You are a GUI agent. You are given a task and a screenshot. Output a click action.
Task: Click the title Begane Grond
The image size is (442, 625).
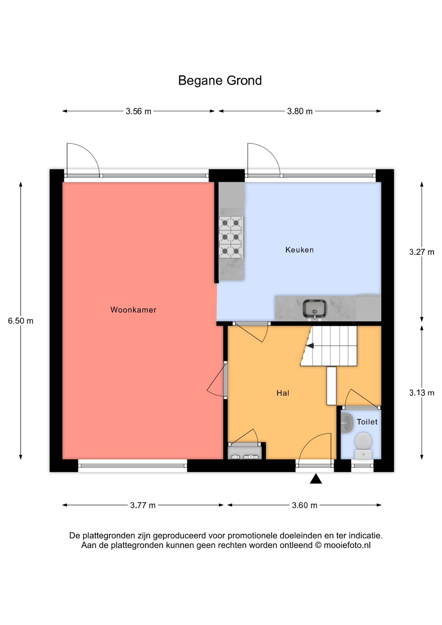(x=220, y=81)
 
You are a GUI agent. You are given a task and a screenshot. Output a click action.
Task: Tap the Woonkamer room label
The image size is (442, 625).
(x=133, y=310)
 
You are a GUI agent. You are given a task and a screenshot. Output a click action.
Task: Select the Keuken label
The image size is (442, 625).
(x=299, y=250)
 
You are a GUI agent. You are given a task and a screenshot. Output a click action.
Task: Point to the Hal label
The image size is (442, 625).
(x=283, y=393)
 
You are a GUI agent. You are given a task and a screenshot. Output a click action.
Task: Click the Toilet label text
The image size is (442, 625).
(x=367, y=422)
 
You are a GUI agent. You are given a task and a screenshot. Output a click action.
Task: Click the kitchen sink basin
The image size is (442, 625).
(x=315, y=308)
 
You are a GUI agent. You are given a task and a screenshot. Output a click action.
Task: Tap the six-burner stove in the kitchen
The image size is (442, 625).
(x=231, y=237)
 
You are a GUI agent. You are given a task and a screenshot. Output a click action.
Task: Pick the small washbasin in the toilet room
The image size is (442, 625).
(x=347, y=423)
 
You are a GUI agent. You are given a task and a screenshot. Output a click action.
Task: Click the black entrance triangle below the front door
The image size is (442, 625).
(x=316, y=479)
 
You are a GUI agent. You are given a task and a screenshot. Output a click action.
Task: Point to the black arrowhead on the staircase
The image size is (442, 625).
(x=310, y=346)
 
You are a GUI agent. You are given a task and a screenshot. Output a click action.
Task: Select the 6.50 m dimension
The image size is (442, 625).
(x=21, y=321)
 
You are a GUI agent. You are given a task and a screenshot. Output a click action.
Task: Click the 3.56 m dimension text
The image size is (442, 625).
(x=139, y=111)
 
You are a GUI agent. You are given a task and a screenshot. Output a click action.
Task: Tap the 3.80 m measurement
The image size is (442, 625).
(x=300, y=111)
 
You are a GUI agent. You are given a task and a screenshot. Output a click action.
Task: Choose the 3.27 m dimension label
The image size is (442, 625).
(x=422, y=252)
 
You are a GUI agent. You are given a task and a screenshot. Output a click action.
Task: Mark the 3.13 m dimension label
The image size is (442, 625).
(x=422, y=393)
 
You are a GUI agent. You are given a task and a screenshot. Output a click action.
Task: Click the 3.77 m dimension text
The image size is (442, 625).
(x=143, y=505)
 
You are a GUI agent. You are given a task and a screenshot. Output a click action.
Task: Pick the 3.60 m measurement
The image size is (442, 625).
(x=305, y=505)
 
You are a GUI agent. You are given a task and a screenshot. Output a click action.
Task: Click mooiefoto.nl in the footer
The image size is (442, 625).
(x=347, y=545)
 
